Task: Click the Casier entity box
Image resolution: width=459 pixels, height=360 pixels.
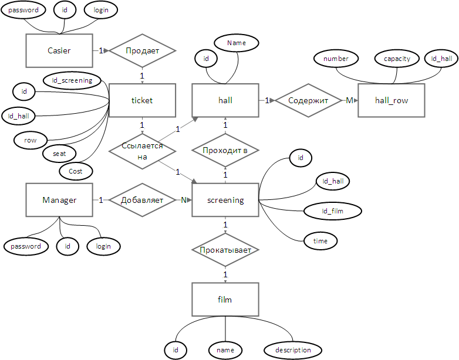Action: coord(59,50)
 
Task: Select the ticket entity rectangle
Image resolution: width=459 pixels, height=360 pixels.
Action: coord(142,100)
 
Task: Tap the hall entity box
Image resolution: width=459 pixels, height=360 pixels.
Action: coord(225,100)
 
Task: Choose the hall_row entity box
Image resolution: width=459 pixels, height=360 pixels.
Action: coord(392,100)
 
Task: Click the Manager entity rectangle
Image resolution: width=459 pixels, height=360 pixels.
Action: coord(59,200)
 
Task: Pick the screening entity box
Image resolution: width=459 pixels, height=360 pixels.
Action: coord(225,200)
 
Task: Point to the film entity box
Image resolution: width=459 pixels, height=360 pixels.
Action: coord(225,300)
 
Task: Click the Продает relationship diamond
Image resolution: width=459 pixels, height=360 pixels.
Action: coord(142,50)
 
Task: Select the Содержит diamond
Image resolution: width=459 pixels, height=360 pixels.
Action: coord(309,100)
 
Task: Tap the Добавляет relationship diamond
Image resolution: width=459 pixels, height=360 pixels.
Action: coord(142,200)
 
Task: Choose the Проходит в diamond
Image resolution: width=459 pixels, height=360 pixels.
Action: coord(225,150)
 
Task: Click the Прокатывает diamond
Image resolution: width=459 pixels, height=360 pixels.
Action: coord(225,250)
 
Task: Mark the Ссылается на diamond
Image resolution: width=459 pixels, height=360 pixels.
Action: coord(142,150)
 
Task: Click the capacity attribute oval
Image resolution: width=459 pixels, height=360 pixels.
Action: coord(397,59)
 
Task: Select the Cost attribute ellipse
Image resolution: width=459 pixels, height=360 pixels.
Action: coord(76,171)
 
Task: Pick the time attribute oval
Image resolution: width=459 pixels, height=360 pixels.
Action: coord(320,240)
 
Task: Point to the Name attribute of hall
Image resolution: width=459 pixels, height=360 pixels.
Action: coord(237,43)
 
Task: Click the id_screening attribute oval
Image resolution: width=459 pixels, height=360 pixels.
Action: coord(72,80)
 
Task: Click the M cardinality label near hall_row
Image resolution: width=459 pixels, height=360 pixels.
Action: coord(349,100)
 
